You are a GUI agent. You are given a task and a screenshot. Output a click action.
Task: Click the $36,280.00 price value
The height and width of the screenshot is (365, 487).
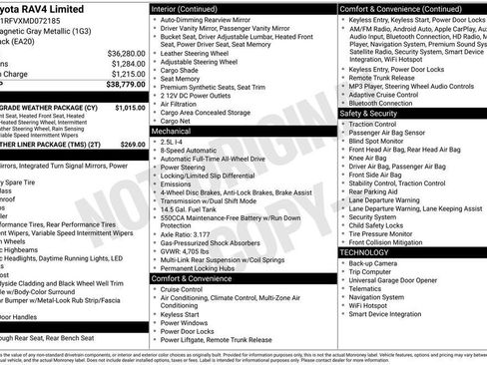tap(118, 52)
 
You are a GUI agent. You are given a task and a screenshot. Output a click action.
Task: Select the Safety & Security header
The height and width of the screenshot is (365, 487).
tap(376, 113)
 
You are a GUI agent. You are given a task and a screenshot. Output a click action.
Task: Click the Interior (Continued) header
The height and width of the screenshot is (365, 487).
tap(191, 8)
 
